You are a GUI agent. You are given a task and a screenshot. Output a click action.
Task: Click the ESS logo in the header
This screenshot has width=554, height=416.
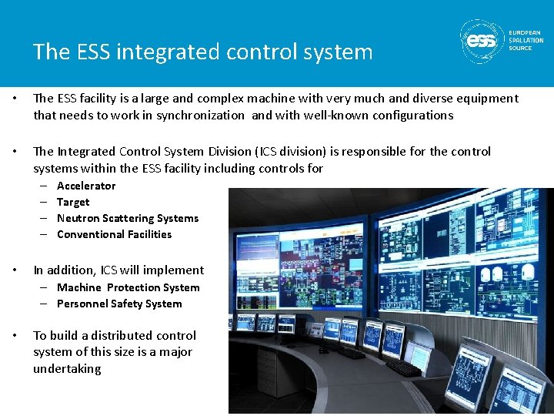coord(482,39)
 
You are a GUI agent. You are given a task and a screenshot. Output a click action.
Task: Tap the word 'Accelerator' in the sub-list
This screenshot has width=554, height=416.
coord(86,186)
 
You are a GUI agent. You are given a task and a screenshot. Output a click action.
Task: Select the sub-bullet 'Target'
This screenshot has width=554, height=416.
coord(73,202)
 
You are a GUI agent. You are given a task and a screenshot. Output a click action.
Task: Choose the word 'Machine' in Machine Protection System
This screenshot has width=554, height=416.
coord(79,287)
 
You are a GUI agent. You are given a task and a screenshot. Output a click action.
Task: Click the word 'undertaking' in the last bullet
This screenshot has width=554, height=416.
coord(67,368)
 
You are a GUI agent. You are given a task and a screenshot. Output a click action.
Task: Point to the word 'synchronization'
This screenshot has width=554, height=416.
coord(199,116)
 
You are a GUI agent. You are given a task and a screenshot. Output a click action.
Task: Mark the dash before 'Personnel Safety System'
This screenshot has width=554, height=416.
coord(46,304)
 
